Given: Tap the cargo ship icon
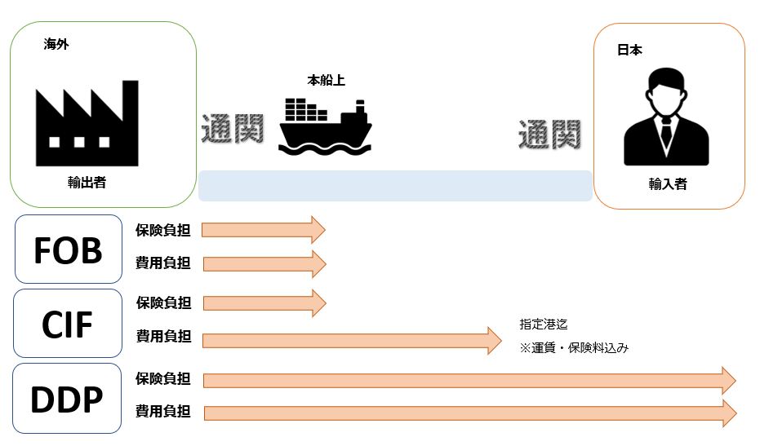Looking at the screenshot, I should [326, 126].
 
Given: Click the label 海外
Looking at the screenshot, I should [56, 46].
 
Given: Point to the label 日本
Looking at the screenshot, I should [629, 51].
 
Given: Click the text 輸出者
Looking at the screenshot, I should [87, 183].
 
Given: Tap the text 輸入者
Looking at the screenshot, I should [668, 184].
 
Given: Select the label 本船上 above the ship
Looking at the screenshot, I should [326, 81].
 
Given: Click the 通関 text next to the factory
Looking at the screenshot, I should [233, 129].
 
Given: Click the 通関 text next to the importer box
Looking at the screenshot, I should [549, 134].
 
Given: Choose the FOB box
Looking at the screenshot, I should [69, 250].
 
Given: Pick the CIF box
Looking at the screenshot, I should [68, 324].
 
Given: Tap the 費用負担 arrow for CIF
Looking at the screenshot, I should [351, 341].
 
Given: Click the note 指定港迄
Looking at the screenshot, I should [543, 324].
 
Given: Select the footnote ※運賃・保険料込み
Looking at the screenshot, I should [574, 347].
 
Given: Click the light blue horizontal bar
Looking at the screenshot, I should [395, 186].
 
